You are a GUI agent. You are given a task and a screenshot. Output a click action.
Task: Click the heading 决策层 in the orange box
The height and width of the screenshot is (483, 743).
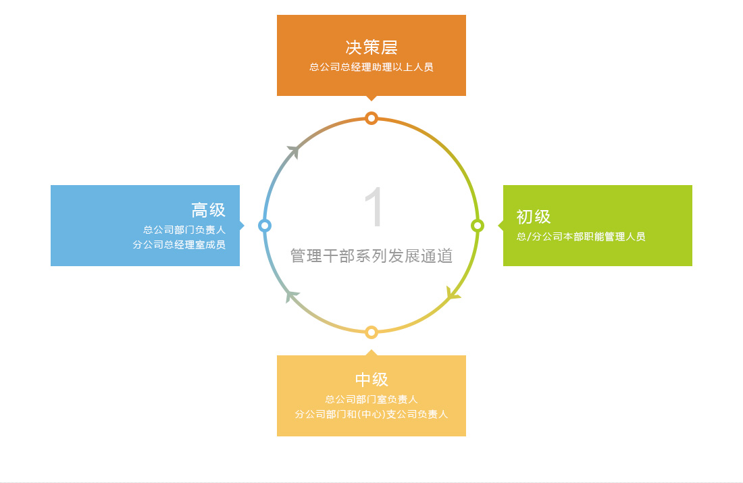[x=371, y=47]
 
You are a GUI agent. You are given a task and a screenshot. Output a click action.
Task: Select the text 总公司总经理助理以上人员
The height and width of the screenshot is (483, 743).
[x=371, y=68]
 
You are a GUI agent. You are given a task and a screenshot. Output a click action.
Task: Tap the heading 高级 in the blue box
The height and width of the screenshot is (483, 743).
[x=209, y=210]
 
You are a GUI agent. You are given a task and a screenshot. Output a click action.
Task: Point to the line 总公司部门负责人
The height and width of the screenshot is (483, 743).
[x=184, y=230]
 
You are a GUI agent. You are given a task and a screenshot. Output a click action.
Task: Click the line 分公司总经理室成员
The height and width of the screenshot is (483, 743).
[x=179, y=245]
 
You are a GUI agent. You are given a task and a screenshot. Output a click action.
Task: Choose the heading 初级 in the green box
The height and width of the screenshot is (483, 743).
[x=534, y=217]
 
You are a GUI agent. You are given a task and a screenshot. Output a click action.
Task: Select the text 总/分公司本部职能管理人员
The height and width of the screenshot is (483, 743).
[x=581, y=236]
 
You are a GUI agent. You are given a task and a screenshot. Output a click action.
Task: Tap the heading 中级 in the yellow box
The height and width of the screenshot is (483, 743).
[x=371, y=379]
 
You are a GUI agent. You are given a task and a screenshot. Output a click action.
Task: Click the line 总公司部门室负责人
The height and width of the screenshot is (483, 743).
[x=371, y=400]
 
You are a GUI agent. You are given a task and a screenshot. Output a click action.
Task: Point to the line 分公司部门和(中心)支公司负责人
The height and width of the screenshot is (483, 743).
[x=371, y=414]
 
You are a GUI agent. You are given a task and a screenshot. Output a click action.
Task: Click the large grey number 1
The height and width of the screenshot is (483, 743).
[x=374, y=207]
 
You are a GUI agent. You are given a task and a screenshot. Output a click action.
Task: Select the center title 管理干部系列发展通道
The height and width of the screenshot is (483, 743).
[x=371, y=256]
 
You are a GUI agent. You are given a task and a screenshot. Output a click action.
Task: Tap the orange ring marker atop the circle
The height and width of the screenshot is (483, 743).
[x=371, y=118]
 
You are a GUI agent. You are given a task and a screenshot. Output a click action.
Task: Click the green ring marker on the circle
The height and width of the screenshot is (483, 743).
[x=478, y=226]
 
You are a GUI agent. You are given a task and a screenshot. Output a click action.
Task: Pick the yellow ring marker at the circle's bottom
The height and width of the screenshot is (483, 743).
[x=371, y=332]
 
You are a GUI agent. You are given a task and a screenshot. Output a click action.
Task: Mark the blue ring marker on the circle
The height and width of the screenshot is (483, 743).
[x=265, y=226]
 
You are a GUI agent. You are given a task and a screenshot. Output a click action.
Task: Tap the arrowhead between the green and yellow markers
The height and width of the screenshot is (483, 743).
[x=453, y=293]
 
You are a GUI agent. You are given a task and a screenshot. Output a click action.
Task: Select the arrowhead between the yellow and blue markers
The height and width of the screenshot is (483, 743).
[x=291, y=297]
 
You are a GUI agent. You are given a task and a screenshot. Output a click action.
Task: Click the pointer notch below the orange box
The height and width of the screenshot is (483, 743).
[x=371, y=98]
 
